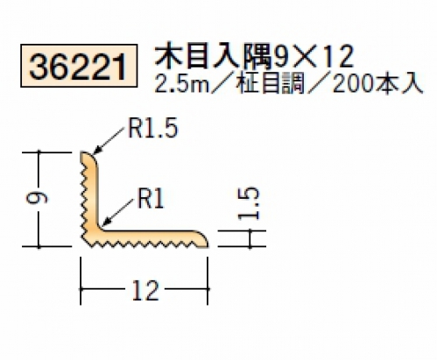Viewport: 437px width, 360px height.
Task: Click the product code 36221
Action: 79,67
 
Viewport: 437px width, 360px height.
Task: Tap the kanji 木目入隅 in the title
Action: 213,57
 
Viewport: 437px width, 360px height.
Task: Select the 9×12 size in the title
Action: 314,57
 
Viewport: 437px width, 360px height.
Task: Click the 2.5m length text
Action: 181,84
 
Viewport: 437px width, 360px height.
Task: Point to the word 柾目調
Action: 271,84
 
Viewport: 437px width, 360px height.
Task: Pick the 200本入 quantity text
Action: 377,84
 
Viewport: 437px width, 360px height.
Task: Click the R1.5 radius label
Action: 153,129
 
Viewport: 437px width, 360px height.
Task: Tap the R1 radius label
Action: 151,198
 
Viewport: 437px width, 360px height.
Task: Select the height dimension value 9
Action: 36,198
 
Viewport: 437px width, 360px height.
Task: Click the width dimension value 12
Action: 145,290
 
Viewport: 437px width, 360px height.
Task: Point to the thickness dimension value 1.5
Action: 249,203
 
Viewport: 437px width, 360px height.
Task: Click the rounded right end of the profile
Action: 204,239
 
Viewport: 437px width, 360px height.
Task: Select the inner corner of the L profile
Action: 100,228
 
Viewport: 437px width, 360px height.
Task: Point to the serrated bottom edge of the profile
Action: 144,244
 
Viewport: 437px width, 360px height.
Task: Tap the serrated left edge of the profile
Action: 84,199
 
